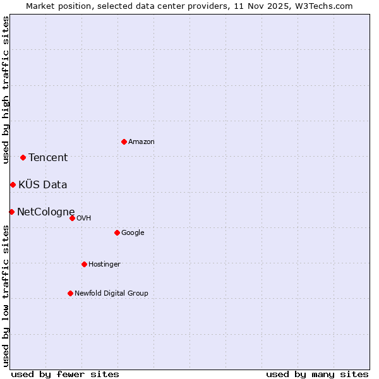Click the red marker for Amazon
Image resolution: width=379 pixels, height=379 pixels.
pos(124,141)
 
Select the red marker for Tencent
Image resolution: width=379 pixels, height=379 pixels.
pos(23,157)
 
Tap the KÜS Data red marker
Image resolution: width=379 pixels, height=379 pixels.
pos(13,184)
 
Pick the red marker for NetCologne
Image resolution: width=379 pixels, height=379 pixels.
pos(11,212)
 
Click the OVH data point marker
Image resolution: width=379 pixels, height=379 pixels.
pos(72,218)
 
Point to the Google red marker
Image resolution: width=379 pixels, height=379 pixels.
pos(117,232)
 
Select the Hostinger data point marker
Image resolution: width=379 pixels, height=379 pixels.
pos(84,264)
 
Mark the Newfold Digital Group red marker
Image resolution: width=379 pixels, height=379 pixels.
pos(70,293)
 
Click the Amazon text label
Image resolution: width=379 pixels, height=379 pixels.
pos(141,142)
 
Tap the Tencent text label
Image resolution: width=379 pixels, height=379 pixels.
pos(48,158)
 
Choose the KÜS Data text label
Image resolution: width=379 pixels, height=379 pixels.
pos(43,184)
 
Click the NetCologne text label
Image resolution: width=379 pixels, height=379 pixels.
pos(46,212)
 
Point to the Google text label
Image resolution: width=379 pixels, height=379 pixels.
pos(133,233)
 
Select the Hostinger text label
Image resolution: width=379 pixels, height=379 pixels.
pos(104,264)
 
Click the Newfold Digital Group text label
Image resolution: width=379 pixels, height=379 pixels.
pos(111,293)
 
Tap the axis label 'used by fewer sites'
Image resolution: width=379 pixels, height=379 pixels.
pos(65,374)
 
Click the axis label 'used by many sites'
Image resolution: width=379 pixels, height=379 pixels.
pos(317,374)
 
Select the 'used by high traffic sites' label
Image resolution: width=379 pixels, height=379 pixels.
pos(6,90)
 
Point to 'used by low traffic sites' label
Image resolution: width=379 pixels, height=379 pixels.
pos(6,295)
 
